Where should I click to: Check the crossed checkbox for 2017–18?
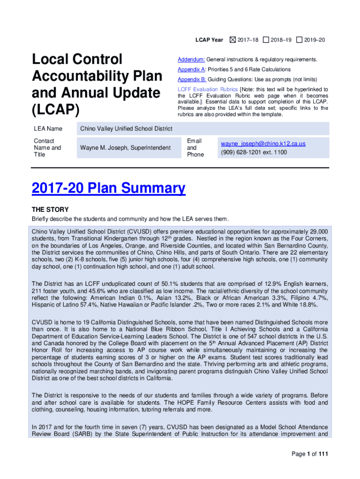point(232,40)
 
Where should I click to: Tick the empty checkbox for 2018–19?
point(266,40)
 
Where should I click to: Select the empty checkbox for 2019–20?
point(299,40)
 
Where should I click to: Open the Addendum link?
point(191,60)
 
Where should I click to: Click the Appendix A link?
point(192,70)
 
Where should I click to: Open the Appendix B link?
point(192,80)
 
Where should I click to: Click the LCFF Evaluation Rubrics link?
point(207,89)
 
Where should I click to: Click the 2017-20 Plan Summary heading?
point(108,189)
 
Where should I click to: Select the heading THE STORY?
point(50,210)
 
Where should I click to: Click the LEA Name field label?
point(48,129)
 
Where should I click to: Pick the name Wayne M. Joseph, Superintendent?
point(125,148)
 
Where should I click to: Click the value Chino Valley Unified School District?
point(126,129)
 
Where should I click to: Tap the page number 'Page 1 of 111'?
point(310,454)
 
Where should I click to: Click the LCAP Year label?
point(209,40)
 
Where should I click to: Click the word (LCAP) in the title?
point(56,110)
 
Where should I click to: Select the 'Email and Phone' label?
point(195,148)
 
